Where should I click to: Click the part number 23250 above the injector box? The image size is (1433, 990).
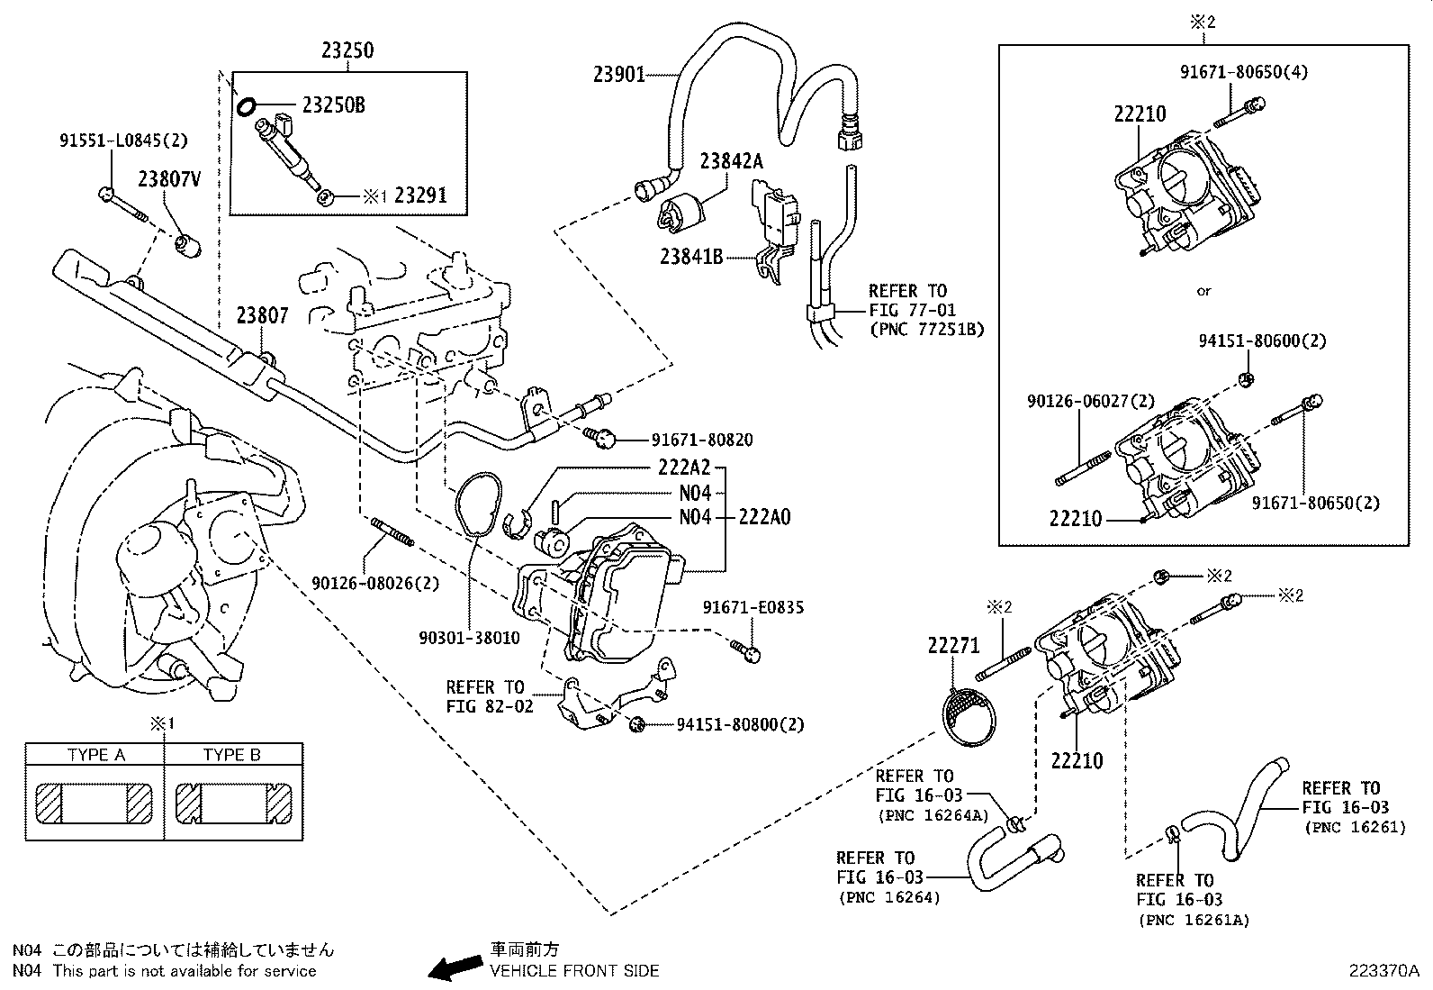click(x=347, y=50)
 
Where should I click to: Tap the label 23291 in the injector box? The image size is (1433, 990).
click(x=420, y=195)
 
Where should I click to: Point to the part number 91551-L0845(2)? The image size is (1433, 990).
click(x=124, y=141)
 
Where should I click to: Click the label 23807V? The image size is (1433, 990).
click(x=168, y=179)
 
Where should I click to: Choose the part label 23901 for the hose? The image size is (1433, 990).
click(x=618, y=75)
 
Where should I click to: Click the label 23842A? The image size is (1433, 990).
click(x=731, y=161)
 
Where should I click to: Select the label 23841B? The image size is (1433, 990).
click(x=691, y=257)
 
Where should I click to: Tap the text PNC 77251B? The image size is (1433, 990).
click(x=926, y=330)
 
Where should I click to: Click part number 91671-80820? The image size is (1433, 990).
click(x=702, y=441)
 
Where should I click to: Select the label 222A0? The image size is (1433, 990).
click(x=764, y=517)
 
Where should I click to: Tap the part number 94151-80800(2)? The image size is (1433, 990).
click(x=740, y=724)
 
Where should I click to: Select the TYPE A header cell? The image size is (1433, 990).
click(x=95, y=755)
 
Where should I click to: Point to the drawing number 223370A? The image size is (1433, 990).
click(x=1383, y=971)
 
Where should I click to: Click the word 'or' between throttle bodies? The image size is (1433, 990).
click(x=1203, y=290)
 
